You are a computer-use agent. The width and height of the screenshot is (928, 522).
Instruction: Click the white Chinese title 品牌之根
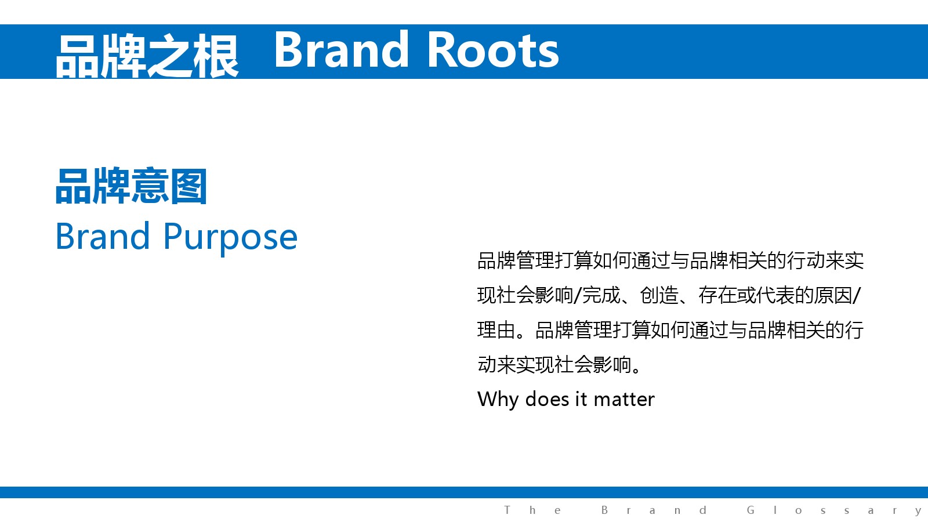click(x=147, y=56)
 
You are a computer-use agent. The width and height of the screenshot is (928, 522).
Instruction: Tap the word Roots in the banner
click(x=493, y=50)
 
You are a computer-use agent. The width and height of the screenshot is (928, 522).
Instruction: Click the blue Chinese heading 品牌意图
click(x=131, y=186)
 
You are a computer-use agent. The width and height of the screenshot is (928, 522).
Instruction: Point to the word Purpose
click(x=230, y=238)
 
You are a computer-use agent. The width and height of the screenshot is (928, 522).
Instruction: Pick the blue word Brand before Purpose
click(x=102, y=235)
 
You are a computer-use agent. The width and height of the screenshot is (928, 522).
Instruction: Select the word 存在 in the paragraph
click(x=717, y=295)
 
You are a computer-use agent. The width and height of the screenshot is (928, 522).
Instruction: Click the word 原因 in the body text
click(x=833, y=295)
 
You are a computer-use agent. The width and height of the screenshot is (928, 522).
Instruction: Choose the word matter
click(x=624, y=400)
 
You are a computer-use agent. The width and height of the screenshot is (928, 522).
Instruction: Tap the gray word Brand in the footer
click(x=654, y=510)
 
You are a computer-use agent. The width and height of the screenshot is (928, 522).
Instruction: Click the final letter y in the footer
click(x=919, y=512)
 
